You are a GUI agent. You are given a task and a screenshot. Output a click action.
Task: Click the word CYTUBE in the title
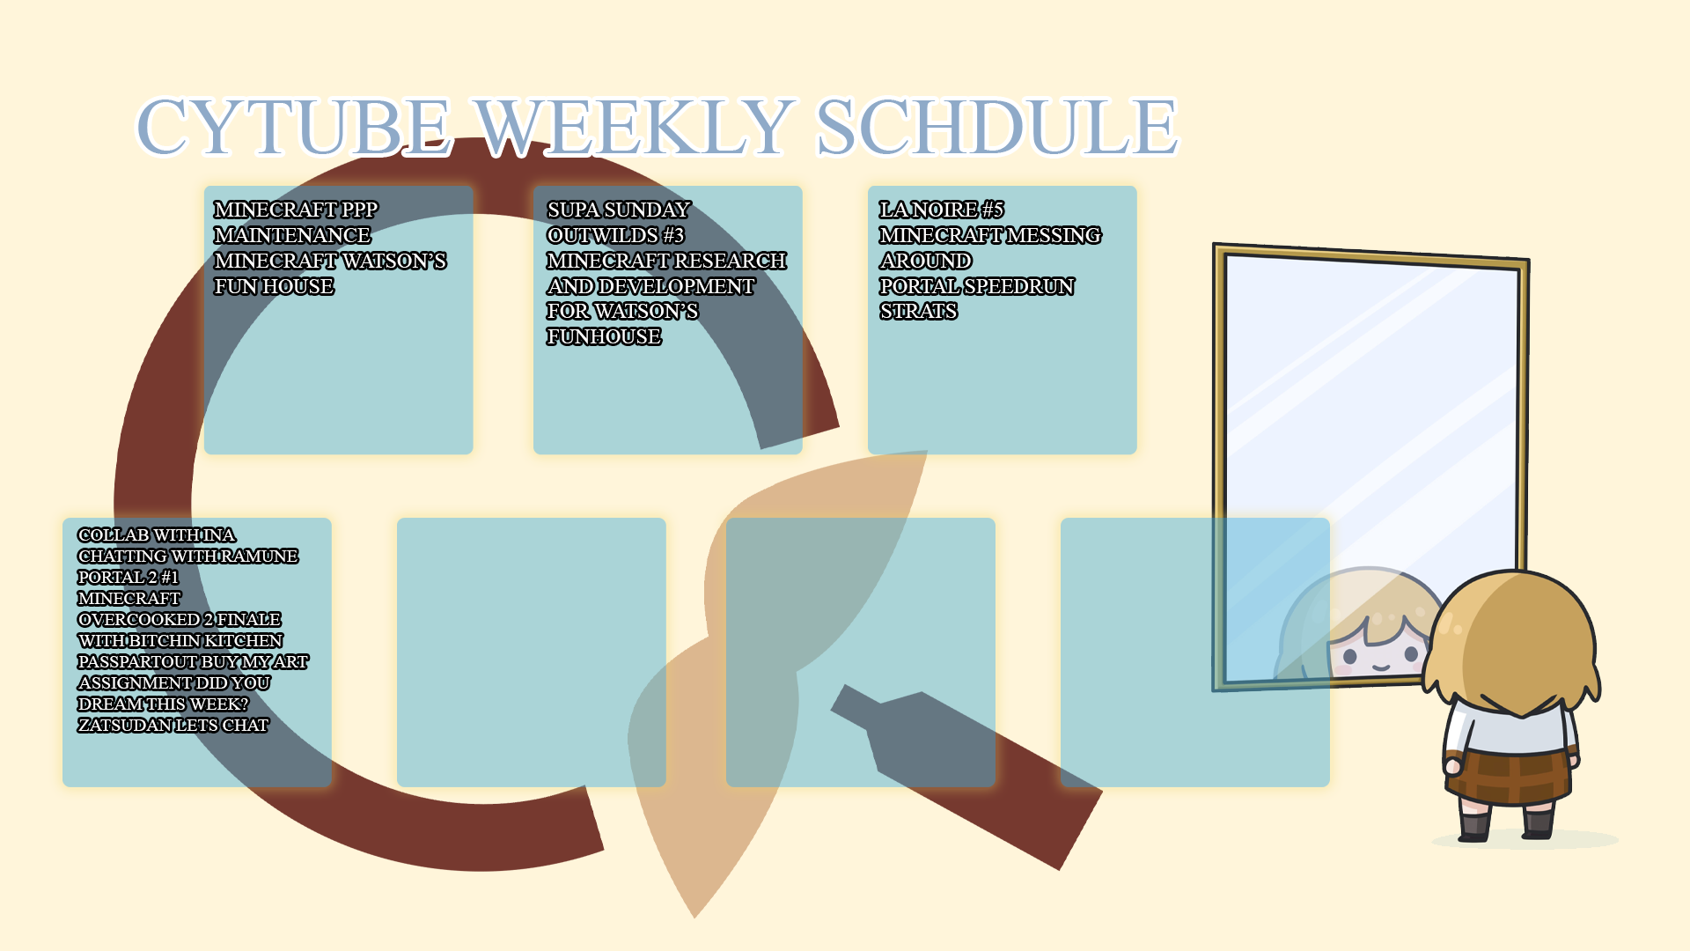click(x=294, y=127)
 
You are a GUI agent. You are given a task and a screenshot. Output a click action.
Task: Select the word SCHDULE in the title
click(x=997, y=127)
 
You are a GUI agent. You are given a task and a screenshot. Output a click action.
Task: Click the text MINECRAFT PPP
click(x=296, y=210)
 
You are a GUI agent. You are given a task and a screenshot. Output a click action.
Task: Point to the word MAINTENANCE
click(x=292, y=235)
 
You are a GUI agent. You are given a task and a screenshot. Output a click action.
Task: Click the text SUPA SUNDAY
click(x=619, y=210)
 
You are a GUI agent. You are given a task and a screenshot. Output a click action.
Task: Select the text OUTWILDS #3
click(x=615, y=235)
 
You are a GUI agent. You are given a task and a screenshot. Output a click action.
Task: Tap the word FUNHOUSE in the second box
click(x=604, y=336)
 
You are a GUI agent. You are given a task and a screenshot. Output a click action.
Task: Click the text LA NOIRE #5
click(x=942, y=210)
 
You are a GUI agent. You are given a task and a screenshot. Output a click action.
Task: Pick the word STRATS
click(x=918, y=311)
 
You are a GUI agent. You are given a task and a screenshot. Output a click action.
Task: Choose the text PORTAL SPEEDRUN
click(x=977, y=286)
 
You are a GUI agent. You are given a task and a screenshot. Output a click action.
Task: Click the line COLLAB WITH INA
click(x=157, y=534)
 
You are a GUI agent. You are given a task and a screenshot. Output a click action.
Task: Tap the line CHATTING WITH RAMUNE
click(x=188, y=556)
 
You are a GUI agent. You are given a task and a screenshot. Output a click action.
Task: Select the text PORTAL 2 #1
click(x=129, y=577)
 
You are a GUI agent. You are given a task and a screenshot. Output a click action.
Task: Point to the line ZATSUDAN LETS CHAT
click(x=173, y=725)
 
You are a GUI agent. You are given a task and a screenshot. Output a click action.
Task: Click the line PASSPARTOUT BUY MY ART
click(x=193, y=661)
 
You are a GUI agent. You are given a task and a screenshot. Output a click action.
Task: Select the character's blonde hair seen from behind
click(x=1512, y=643)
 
